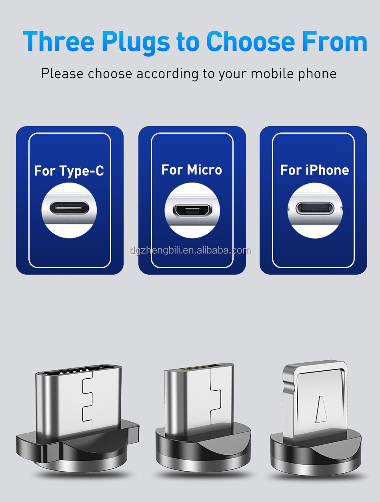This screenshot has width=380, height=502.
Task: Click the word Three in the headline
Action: coord(58,41)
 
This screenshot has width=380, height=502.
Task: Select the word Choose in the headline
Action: coord(251,41)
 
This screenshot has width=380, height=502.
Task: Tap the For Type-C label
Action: coord(69,171)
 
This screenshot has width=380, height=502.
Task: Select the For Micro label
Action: coord(192,170)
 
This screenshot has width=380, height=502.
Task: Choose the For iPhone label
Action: coord(314,170)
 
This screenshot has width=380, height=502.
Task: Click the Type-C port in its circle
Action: coord(69,208)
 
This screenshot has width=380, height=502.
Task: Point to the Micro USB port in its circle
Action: coord(192,209)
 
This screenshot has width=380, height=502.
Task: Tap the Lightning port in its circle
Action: coord(315,208)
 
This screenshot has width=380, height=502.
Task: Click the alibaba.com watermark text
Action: coord(190,251)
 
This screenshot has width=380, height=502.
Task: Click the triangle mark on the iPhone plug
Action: coord(321,410)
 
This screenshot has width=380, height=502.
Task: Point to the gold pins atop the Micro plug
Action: coord(198,368)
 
